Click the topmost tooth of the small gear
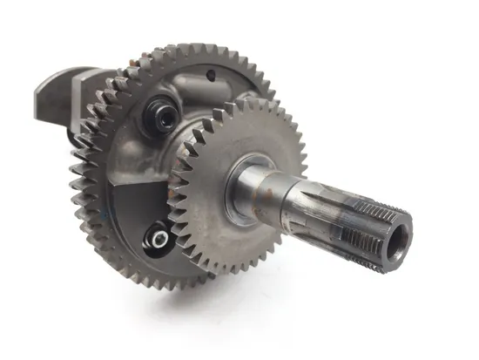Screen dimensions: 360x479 tap(248, 101)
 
